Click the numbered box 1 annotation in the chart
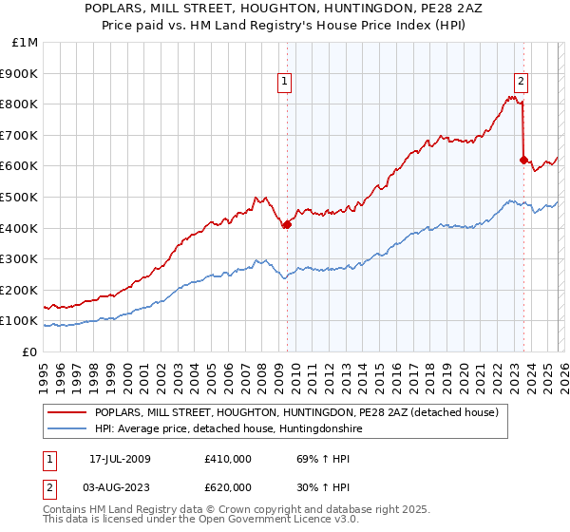(286, 82)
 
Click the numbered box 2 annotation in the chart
(522, 82)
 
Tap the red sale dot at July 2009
(287, 224)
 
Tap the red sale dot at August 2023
(523, 160)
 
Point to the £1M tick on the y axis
(26, 42)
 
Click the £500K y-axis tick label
(22, 197)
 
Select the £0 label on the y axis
(30, 351)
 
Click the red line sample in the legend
(66, 412)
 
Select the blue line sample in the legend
(66, 429)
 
